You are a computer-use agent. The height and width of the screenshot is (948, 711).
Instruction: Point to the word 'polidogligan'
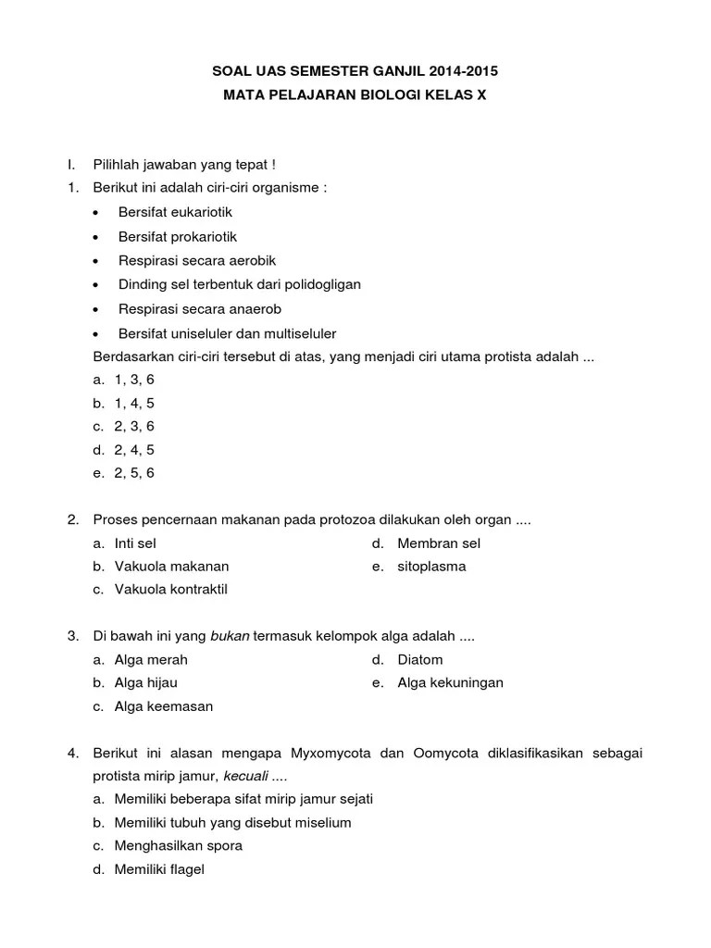tap(318, 285)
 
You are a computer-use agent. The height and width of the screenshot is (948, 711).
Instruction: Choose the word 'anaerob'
tap(251, 309)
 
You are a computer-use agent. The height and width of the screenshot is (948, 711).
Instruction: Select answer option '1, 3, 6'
tap(134, 380)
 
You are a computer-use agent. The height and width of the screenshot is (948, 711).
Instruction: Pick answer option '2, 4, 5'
tap(134, 450)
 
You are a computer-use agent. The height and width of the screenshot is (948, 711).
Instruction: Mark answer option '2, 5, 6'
tap(134, 473)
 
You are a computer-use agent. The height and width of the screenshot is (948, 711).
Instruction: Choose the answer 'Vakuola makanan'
tap(171, 567)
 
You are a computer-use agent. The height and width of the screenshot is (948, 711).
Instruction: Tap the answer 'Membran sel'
tap(439, 543)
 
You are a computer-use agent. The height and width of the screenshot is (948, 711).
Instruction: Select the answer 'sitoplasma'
tap(431, 567)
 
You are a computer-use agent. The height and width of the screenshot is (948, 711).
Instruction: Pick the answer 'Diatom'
tap(420, 660)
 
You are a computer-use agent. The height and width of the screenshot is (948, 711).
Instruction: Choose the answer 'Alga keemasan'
tap(164, 706)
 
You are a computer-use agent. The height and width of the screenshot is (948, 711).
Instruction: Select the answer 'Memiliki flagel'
tap(159, 869)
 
